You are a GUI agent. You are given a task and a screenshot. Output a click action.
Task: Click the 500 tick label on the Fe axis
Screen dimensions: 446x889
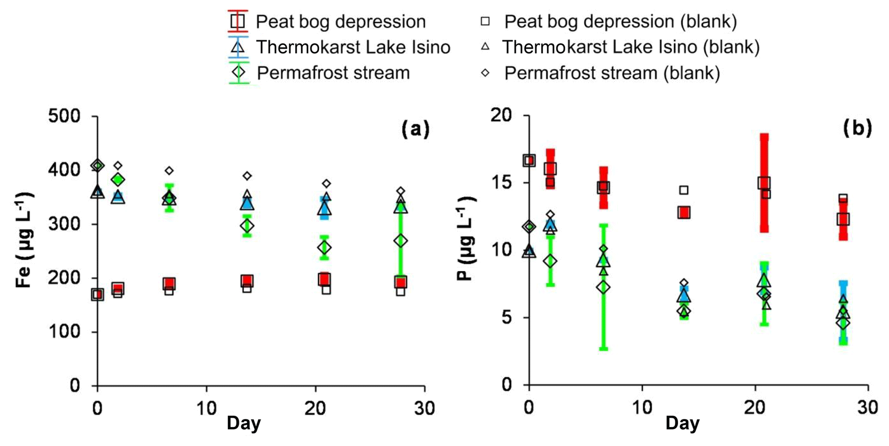(64, 116)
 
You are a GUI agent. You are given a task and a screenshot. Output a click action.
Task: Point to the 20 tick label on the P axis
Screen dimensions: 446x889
(503, 115)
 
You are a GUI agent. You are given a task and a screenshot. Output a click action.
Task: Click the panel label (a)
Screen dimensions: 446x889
(415, 129)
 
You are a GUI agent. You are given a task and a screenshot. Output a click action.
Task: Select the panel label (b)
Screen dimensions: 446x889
(857, 128)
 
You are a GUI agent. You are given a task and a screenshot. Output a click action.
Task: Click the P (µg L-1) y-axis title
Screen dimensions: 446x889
(466, 239)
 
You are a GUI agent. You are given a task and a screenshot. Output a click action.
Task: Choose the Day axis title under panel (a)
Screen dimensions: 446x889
(244, 423)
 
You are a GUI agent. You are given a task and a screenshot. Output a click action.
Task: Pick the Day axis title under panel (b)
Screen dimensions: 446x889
(683, 423)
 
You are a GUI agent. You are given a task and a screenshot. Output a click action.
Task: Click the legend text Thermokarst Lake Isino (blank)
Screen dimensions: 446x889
(631, 47)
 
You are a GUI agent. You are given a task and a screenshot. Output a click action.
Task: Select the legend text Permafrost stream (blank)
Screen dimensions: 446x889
(612, 73)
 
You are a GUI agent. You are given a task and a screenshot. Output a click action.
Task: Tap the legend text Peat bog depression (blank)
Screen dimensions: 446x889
(621, 22)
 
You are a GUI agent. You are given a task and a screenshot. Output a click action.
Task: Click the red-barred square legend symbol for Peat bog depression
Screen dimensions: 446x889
(238, 21)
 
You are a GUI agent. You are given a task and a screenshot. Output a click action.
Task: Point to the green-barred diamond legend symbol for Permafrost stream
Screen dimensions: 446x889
(238, 72)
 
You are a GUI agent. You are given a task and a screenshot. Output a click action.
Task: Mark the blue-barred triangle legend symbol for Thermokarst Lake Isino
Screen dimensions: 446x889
(238, 46)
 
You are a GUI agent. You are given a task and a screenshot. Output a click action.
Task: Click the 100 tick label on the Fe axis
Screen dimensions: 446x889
(64, 332)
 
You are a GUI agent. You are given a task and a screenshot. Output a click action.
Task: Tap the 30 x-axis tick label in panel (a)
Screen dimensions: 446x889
(425, 407)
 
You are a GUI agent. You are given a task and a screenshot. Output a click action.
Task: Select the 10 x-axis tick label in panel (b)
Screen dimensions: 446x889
(642, 406)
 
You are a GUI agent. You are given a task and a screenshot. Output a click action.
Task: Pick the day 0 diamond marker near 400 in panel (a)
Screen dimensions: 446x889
(98, 166)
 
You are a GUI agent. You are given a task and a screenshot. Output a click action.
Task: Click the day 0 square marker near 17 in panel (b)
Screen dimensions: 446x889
(529, 160)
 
